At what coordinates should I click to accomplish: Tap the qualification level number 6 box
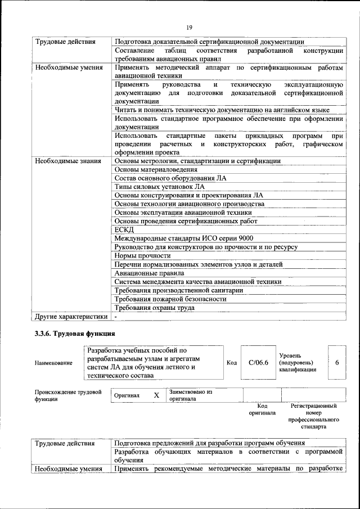(337, 363)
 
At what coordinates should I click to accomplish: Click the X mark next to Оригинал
(156, 395)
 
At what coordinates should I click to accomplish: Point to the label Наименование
(53, 363)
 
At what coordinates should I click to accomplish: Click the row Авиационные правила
(149, 273)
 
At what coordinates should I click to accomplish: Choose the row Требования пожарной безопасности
(170, 299)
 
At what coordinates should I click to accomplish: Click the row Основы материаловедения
(156, 169)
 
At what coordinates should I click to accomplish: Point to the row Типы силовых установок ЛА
(159, 186)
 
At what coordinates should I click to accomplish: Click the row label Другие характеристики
(71, 317)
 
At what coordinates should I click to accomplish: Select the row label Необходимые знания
(68, 161)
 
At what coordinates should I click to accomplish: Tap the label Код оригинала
(262, 409)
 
